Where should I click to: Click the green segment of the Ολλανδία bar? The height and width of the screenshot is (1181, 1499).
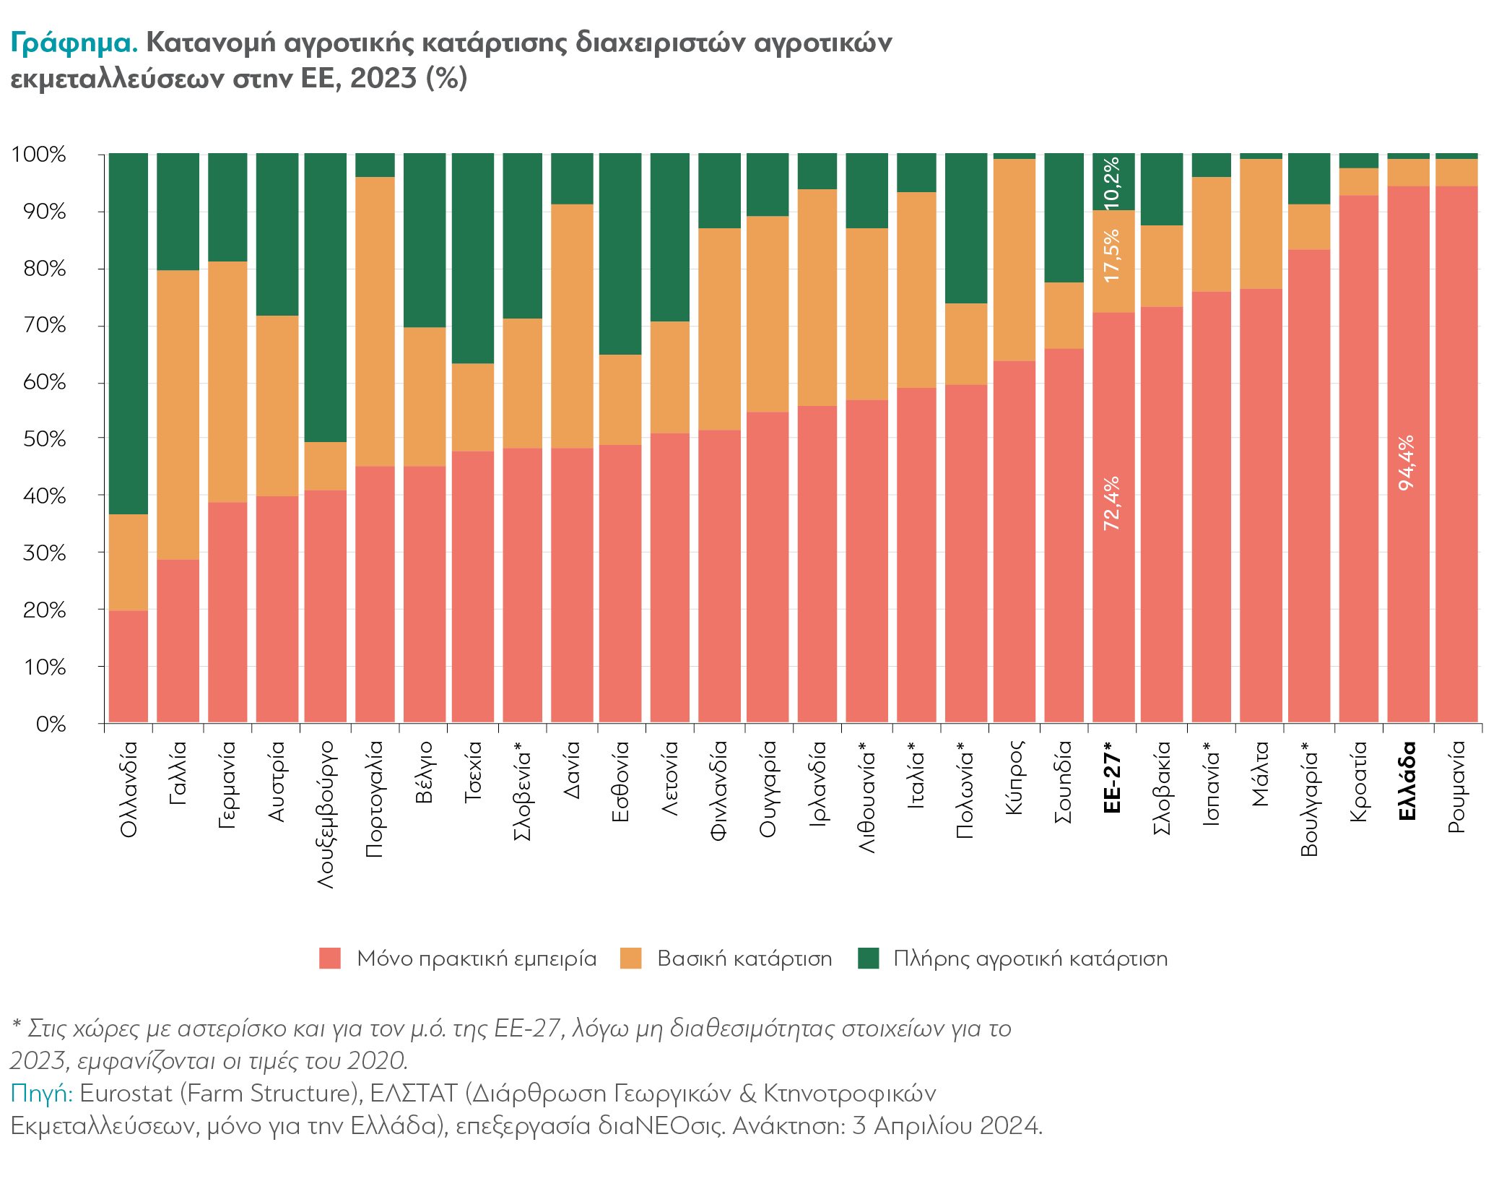[129, 332]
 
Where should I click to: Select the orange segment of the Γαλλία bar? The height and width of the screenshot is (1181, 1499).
[178, 415]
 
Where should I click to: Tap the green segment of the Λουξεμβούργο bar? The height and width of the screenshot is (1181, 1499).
[326, 296]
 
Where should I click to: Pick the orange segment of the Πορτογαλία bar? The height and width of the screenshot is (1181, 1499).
[375, 321]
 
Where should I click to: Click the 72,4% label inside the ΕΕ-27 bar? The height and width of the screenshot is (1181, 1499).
[1112, 503]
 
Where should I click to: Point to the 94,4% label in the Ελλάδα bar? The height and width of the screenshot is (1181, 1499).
[1407, 463]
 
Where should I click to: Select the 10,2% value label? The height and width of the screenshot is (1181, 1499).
[1112, 181]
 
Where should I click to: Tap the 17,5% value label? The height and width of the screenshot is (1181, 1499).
[1112, 255]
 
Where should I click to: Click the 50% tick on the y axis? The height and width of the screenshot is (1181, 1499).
[45, 439]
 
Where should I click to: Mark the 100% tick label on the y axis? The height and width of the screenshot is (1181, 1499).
[39, 155]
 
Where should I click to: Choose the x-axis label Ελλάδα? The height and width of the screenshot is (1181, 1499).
[1407, 781]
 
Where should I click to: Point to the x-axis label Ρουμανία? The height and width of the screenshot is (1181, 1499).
[1456, 787]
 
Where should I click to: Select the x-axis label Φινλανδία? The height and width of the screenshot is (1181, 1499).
[718, 790]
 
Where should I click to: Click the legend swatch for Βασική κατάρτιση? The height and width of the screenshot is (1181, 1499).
[631, 959]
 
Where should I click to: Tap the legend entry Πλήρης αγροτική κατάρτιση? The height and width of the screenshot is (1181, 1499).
[1030, 959]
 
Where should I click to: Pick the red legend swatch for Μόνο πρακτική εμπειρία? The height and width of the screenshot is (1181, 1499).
[330, 959]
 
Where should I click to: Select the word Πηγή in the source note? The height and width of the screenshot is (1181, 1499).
[41, 1094]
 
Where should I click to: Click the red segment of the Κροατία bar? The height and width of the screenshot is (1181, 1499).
[1358, 462]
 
